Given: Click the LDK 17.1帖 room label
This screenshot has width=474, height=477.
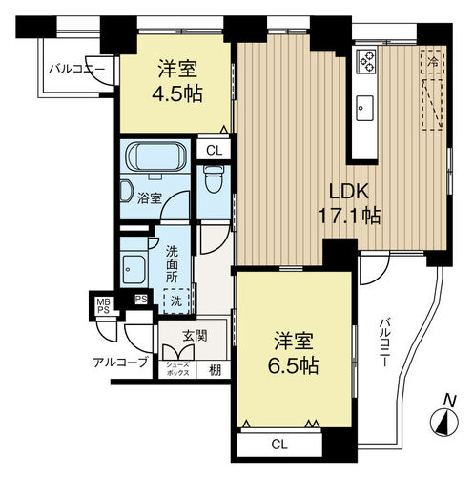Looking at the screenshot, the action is pos(349,203).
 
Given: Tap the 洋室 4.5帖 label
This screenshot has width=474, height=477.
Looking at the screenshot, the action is pos(177,81).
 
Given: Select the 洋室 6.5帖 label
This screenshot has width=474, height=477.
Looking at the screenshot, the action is pos(293,353).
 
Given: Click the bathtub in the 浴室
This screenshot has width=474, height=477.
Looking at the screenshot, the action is pos(155,156).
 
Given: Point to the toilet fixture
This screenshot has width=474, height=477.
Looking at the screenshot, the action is pos(214,179).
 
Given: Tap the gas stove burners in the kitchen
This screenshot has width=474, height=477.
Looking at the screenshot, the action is pos(366,62).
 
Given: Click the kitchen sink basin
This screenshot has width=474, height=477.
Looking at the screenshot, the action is pos(364,108).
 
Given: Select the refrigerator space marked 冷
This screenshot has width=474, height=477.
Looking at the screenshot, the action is pos(431,62).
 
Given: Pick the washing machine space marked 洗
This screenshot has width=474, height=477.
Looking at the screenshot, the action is pos(176,301).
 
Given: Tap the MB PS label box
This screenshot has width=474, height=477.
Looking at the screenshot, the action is pos(103,306).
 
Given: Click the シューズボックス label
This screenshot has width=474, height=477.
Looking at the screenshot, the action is pos(177,369).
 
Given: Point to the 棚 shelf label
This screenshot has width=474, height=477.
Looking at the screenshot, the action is pos(215,370).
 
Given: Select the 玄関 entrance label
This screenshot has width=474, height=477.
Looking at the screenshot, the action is pos(195,336).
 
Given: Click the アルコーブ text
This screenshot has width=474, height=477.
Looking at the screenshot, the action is pos(120,362).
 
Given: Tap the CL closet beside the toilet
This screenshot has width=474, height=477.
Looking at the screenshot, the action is pos(214,150).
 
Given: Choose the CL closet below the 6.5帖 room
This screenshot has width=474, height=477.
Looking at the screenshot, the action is pos(279,445).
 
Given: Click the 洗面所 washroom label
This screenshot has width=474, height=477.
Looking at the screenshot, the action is pos(172,264).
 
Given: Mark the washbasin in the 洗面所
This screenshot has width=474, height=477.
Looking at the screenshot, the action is pos(134,269).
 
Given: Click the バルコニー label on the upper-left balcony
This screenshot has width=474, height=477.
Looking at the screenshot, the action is pos(76,69).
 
